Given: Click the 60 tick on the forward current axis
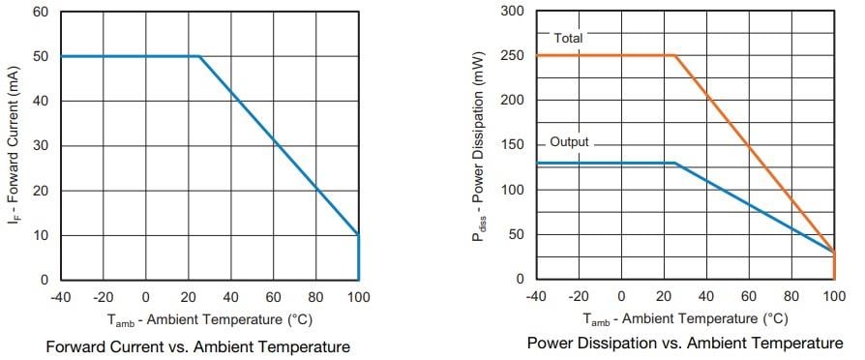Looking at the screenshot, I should click(x=40, y=12).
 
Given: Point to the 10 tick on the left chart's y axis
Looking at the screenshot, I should click(x=40, y=235).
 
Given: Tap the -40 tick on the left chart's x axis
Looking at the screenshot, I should click(x=61, y=297).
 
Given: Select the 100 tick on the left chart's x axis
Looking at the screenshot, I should click(x=358, y=297).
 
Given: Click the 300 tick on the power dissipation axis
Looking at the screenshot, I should click(x=513, y=11).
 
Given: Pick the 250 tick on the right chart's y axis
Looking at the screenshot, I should click(x=513, y=55).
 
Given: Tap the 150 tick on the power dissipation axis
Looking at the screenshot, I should click(x=513, y=145).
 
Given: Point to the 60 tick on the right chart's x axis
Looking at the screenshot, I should click(x=748, y=297).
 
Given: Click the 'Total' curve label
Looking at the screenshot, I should click(x=568, y=38).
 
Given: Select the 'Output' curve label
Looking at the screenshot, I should click(x=569, y=142).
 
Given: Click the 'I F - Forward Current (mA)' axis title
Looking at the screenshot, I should click(x=14, y=145).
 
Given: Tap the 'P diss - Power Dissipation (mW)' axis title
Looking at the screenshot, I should click(x=481, y=145).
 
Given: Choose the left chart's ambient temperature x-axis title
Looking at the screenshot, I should click(x=209, y=319).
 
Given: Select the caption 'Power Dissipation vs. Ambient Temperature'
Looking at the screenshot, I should click(x=685, y=344).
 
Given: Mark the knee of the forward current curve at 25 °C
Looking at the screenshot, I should click(x=199, y=56).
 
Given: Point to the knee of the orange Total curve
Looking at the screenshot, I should click(x=674, y=55).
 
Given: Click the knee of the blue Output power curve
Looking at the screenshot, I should click(x=674, y=164).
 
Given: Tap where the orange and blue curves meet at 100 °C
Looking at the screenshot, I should click(x=833, y=253).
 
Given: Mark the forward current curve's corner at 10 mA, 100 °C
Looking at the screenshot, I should click(x=358, y=235).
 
